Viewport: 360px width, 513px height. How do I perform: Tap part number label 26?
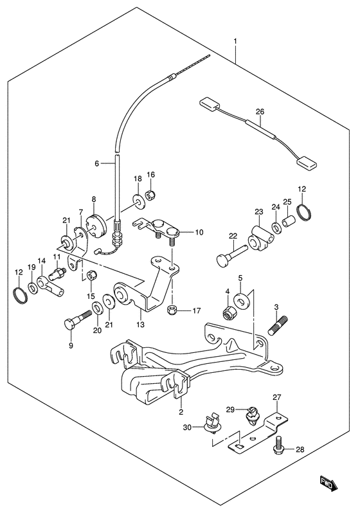pos(260,112)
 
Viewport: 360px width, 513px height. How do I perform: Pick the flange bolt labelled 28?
pos(278,444)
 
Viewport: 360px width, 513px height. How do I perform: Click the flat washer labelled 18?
pos(139,201)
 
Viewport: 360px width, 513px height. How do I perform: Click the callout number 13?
pos(140,325)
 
